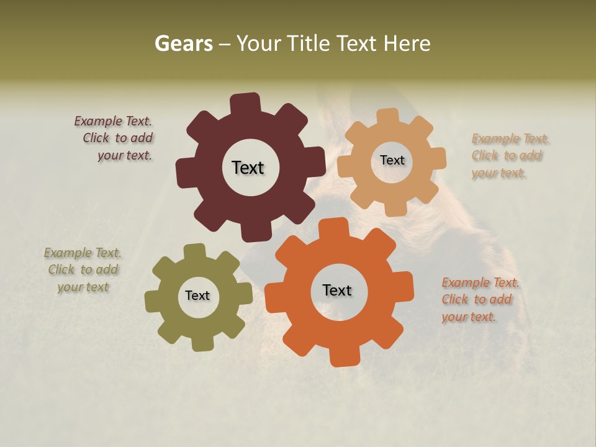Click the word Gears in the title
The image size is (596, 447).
(183, 44)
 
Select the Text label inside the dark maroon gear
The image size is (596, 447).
(248, 168)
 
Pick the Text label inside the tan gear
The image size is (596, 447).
(392, 160)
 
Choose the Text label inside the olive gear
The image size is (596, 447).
(197, 296)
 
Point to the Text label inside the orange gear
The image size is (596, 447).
(337, 290)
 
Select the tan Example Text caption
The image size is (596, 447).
(509, 156)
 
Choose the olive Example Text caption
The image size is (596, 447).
(83, 270)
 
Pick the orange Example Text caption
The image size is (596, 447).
(479, 300)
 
